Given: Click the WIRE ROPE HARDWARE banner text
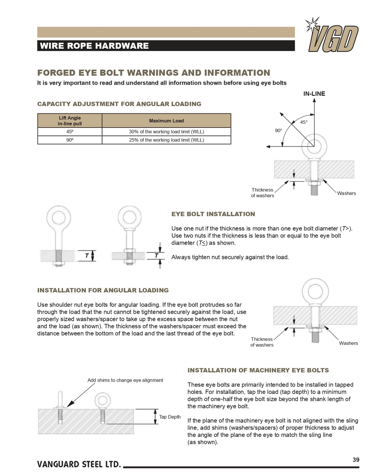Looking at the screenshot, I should tap(94, 46).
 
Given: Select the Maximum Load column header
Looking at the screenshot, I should tap(166, 120).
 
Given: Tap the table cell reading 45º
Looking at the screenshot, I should tap(70, 132).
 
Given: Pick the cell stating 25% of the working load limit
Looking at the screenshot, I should tap(166, 140).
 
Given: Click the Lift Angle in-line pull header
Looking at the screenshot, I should tap(70, 120).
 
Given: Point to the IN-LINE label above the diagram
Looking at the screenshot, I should tap(314, 93).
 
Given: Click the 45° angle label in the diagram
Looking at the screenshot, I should tap(303, 122).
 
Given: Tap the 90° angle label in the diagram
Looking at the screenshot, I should tap(278, 130).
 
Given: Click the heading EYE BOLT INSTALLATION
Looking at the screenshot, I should tap(213, 214).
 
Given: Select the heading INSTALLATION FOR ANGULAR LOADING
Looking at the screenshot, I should tap(103, 290).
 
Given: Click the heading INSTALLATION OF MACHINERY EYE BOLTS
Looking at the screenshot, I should tap(258, 370).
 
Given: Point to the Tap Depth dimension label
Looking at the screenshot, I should tap(170, 417).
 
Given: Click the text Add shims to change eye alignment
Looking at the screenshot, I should tap(125, 380).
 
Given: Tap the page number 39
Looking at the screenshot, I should tap(356, 460).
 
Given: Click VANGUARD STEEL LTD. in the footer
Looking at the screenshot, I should tap(79, 464).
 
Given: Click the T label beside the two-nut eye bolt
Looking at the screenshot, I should tap(156, 256).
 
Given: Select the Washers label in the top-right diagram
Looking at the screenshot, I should tap(346, 193).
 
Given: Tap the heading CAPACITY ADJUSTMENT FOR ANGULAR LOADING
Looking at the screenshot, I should tap(119, 104).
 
